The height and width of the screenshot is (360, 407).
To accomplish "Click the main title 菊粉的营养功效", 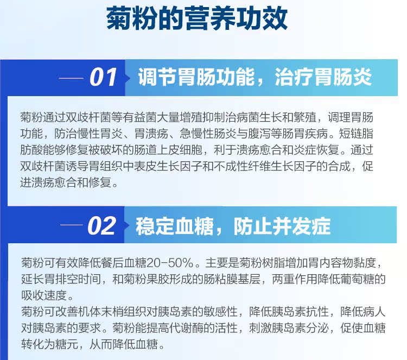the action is point(197,18).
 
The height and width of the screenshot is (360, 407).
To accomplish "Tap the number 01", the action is point(103,77).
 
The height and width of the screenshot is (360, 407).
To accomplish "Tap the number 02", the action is point(102,226).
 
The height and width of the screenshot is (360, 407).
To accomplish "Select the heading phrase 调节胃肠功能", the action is point(196,77).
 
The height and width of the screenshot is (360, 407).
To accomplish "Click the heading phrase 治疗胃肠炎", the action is point(323,77).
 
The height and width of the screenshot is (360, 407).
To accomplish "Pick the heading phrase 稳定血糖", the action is point(175,226).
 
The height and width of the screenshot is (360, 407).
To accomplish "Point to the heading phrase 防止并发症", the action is point(282,226).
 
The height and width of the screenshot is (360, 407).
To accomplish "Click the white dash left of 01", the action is point(71,78).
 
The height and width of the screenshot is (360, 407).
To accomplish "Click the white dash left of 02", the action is point(72,225).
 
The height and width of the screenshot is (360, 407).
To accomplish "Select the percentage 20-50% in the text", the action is point(170,263).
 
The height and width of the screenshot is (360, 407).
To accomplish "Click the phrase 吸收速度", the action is point(44,295).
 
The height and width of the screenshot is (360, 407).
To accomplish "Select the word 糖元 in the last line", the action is point(67,345).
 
